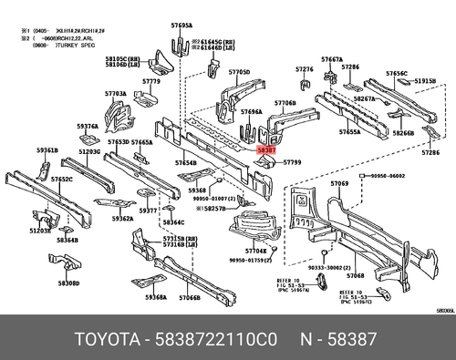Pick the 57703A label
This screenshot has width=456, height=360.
pyautogui.click(x=115, y=93)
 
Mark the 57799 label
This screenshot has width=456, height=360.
pyautogui.click(x=293, y=162)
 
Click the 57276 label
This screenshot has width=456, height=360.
pyautogui.click(x=304, y=69)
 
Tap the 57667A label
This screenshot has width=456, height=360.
pyautogui.click(x=332, y=59)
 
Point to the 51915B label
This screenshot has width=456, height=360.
pyautogui.click(x=426, y=81)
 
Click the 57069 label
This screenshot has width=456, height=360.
pyautogui.click(x=339, y=184)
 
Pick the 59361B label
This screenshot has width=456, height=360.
pyautogui.click(x=47, y=149)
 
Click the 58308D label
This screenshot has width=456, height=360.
pyautogui.click(x=69, y=283)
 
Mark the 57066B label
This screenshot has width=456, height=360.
pyautogui.click(x=190, y=298)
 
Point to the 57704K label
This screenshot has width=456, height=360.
pyautogui.click(x=256, y=250)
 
